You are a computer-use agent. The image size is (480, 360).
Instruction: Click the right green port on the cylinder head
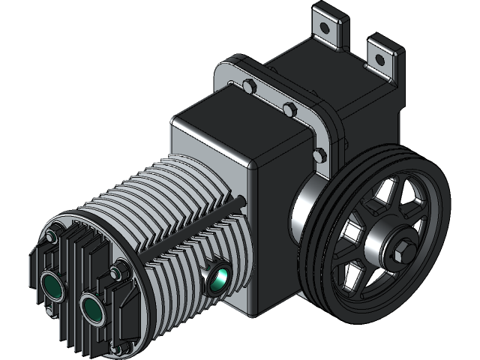click(93, 307)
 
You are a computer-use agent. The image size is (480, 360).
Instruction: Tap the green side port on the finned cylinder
click(220, 277)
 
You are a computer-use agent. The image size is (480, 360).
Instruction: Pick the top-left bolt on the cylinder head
click(50, 237)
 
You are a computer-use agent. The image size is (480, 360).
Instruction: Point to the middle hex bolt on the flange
click(288, 110)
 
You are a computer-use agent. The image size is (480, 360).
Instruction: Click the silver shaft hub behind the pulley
click(304, 210)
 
